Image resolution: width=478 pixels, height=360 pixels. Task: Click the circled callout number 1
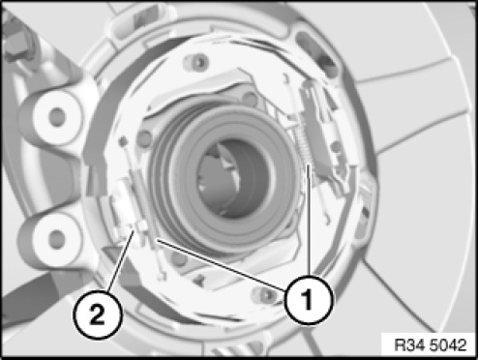tap(309, 300)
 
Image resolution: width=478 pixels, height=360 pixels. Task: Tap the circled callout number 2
tap(98, 315)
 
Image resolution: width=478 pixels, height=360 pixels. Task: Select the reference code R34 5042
tap(431, 345)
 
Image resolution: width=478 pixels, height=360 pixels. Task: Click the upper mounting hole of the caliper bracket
tap(57, 116)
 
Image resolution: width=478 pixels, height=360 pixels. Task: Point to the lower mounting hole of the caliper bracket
tap(57, 239)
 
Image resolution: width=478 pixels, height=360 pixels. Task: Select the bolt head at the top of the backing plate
tap(198, 61)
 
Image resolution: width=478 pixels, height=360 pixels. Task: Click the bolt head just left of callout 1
tap(266, 293)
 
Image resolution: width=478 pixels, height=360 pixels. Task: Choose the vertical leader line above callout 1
tap(309, 220)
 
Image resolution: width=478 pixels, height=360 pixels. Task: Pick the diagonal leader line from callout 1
tap(221, 265)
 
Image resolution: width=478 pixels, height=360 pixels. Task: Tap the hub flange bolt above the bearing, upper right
tap(250, 99)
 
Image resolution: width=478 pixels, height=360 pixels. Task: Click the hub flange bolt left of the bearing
tap(145, 138)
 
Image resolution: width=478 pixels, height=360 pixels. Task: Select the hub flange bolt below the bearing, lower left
tap(179, 258)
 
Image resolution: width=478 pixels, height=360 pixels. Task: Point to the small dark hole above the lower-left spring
tap(123, 140)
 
